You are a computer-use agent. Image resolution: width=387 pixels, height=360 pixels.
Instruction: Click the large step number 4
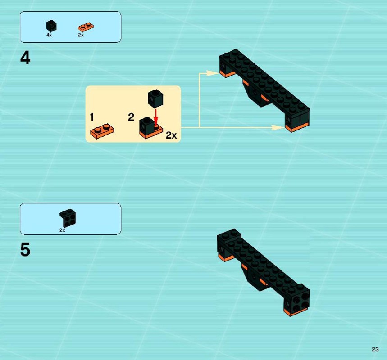(x=25, y=58)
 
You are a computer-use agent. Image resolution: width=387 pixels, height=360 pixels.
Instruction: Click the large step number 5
(x=25, y=250)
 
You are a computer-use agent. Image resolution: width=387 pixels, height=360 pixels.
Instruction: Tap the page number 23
(x=375, y=349)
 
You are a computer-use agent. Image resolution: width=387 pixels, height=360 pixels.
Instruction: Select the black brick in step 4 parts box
(x=51, y=26)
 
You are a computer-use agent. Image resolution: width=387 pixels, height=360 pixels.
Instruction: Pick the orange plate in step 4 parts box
(x=86, y=27)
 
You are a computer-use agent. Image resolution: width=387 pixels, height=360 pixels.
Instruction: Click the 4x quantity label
(x=49, y=35)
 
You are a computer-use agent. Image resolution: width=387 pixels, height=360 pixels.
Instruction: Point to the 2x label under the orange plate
(x=81, y=35)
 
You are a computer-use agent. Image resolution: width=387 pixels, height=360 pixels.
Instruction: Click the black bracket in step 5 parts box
(x=68, y=218)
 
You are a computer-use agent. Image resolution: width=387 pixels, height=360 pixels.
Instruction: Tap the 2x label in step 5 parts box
(x=62, y=230)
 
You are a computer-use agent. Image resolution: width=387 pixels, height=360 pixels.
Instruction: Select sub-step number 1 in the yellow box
(x=92, y=117)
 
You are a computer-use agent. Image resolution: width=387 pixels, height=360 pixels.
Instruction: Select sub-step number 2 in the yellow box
(x=131, y=117)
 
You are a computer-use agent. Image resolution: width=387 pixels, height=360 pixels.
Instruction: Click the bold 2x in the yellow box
(x=171, y=135)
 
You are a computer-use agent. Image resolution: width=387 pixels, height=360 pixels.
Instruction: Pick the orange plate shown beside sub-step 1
(x=102, y=131)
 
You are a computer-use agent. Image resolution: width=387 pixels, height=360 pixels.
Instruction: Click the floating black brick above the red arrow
(x=155, y=99)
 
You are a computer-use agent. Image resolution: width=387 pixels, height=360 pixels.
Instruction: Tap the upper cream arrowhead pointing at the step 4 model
(x=213, y=73)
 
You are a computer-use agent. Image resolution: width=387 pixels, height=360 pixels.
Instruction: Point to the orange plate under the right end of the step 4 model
(x=296, y=127)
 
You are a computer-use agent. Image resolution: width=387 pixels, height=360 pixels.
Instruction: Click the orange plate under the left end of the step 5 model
(x=226, y=258)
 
